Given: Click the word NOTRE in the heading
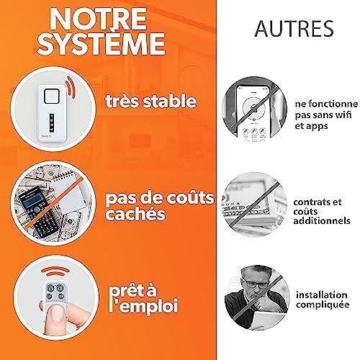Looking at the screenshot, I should (109, 19).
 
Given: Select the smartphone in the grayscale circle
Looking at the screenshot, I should (252, 112).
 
